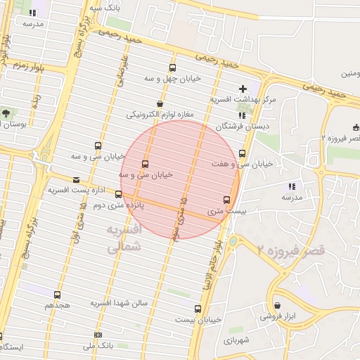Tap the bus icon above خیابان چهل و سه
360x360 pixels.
tap(172, 67)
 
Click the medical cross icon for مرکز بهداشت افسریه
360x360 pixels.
tap(243, 89)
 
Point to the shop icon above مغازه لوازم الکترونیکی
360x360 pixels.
tap(160, 103)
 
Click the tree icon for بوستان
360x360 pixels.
tap(6, 112)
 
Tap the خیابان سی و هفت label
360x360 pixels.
tap(242, 164)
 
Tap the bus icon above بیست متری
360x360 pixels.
tap(226, 199)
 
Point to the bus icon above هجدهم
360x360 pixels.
tap(57, 295)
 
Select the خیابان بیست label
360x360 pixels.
tap(198, 319)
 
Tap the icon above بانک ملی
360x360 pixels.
tap(98, 335)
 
